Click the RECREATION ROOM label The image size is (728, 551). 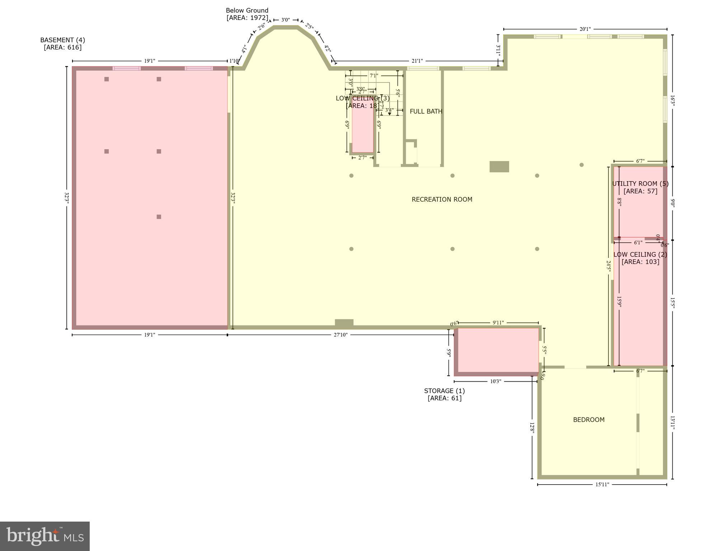(442, 199)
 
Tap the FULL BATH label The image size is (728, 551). (426, 112)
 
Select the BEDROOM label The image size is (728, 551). (588, 420)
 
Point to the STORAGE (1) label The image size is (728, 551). (444, 391)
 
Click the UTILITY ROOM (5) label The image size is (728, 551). (640, 184)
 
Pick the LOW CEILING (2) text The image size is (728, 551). (640, 255)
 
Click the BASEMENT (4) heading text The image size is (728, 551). (62, 40)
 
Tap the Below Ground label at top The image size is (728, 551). (247, 11)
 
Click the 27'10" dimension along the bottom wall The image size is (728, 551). (340, 335)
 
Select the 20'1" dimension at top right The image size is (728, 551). (585, 29)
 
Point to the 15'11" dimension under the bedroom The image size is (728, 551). (602, 485)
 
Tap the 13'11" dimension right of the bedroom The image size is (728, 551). (673, 423)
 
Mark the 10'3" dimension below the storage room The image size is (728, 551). (495, 381)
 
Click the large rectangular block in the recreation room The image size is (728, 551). (499, 167)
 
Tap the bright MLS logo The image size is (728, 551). (45, 536)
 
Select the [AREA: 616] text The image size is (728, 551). (62, 48)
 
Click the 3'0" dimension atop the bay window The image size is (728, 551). (285, 20)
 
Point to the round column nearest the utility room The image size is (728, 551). (581, 165)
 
